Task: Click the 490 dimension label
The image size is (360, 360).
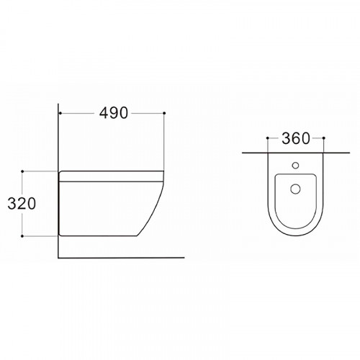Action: pyautogui.click(x=114, y=113)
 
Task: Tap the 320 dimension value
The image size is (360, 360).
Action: pyautogui.click(x=22, y=204)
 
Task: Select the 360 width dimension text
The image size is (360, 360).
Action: pyautogui.click(x=296, y=138)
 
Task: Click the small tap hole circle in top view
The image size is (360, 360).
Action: pyautogui.click(x=295, y=166)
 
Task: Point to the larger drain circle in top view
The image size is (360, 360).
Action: pyautogui.click(x=295, y=189)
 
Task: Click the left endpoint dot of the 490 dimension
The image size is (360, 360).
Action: pyautogui.click(x=60, y=113)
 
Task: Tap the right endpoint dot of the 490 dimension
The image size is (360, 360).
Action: pyautogui.click(x=164, y=113)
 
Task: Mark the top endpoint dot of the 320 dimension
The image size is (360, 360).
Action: pyautogui.click(x=22, y=171)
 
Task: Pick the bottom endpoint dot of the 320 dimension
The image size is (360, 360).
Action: pyautogui.click(x=22, y=236)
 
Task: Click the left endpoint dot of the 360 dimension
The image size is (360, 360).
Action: pyautogui.click(x=268, y=138)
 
